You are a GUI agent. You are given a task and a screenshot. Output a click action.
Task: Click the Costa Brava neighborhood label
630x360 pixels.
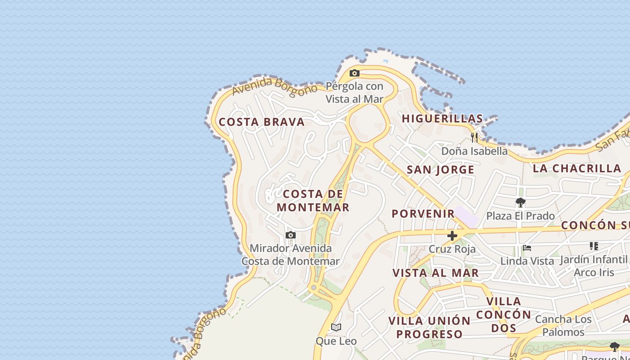261,122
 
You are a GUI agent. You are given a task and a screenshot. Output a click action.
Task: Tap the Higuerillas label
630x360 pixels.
442,118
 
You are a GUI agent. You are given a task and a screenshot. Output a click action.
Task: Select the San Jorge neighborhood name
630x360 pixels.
441,170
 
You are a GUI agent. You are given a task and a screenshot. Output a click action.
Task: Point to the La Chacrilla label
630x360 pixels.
577,168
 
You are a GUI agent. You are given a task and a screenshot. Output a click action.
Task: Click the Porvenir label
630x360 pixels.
423,213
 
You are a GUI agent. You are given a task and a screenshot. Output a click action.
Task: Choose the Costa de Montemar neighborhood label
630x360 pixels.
313,201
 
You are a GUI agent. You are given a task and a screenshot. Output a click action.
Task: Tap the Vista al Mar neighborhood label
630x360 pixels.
436,273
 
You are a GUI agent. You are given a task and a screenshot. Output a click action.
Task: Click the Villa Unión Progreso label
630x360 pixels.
429,327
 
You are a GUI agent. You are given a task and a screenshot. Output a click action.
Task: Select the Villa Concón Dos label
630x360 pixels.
504,314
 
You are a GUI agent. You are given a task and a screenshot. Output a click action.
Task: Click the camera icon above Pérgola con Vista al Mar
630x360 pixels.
355,73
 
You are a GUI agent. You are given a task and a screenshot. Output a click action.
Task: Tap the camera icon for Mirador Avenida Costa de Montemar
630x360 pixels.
291,235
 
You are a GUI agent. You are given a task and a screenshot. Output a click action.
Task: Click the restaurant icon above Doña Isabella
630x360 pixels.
474,137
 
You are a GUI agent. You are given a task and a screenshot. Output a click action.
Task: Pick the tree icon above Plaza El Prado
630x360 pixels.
521,202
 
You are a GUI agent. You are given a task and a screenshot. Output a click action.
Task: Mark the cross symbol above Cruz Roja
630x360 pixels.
452,236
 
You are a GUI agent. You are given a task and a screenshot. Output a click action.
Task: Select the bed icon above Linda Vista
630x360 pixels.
527,248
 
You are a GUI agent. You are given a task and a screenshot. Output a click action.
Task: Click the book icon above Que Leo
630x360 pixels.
336,327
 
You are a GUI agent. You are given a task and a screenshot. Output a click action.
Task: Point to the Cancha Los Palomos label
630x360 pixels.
563,326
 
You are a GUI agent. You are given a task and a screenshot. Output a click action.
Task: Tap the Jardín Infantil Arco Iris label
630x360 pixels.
594,266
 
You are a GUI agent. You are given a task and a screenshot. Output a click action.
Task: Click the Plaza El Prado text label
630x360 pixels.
521,216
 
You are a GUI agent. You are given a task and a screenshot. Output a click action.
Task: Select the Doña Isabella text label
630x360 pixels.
474,151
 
